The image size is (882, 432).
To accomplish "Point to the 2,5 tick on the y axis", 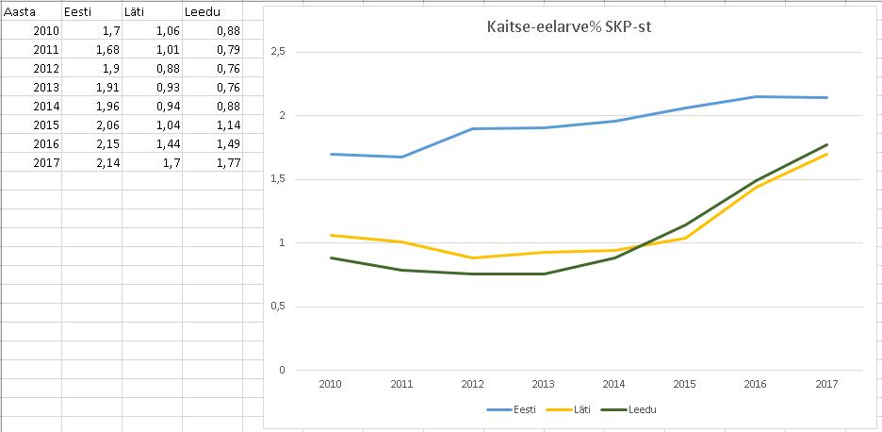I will (x=277, y=52).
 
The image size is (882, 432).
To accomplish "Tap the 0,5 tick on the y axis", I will (x=277, y=307).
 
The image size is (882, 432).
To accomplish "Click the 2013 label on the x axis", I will (x=544, y=384).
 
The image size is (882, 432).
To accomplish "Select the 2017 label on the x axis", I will (x=826, y=384).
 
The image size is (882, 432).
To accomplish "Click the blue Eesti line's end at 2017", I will (x=826, y=97).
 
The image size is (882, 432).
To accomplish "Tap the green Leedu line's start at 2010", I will (x=331, y=258).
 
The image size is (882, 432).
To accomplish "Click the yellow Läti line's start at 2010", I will (x=331, y=235).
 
